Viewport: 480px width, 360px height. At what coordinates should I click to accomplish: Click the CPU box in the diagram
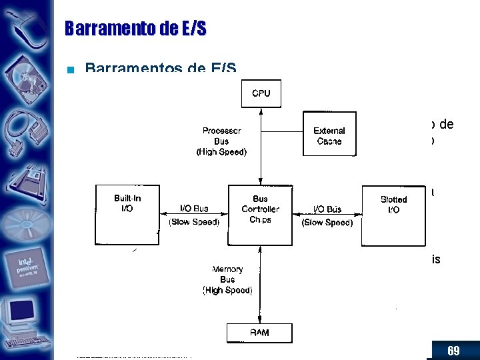pos(261,93)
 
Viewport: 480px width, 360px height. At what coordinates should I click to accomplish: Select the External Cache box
pos(329,135)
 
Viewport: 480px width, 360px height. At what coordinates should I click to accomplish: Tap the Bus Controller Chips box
pos(261,209)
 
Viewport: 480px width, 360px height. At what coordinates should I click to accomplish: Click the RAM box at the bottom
pos(259,332)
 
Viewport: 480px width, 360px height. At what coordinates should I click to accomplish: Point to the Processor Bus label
pos(221,141)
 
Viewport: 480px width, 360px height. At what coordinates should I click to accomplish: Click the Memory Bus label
pos(227,279)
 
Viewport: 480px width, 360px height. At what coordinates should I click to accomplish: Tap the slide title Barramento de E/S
pos(136,28)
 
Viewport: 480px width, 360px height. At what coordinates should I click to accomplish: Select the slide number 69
pos(453,351)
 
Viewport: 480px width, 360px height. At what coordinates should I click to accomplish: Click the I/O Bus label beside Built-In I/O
pos(194,209)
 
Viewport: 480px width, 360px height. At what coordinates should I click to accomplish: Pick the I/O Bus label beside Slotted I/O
pos(327,209)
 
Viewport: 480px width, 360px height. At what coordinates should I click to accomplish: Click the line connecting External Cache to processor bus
pos(282,131)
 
